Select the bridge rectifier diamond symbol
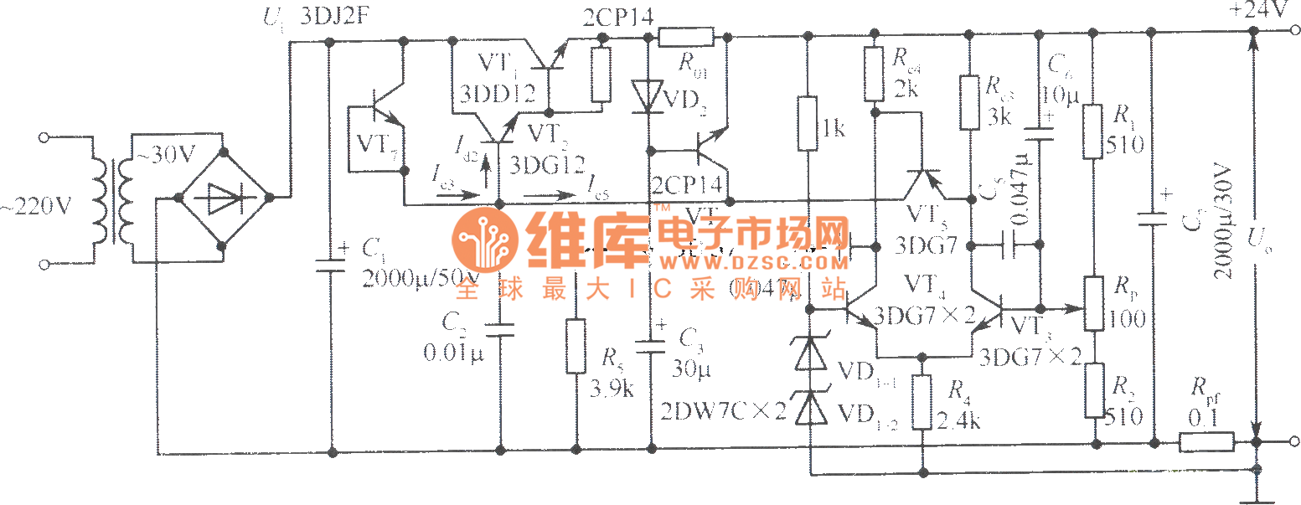coord(224,198)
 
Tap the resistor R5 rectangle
coord(575,345)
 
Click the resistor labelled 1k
coord(808,123)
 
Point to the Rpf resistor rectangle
coord(1205,442)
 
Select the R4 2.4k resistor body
coord(922,402)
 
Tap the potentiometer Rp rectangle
coord(1094,304)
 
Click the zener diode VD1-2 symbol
coord(810,410)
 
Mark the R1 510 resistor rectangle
coord(1092,131)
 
